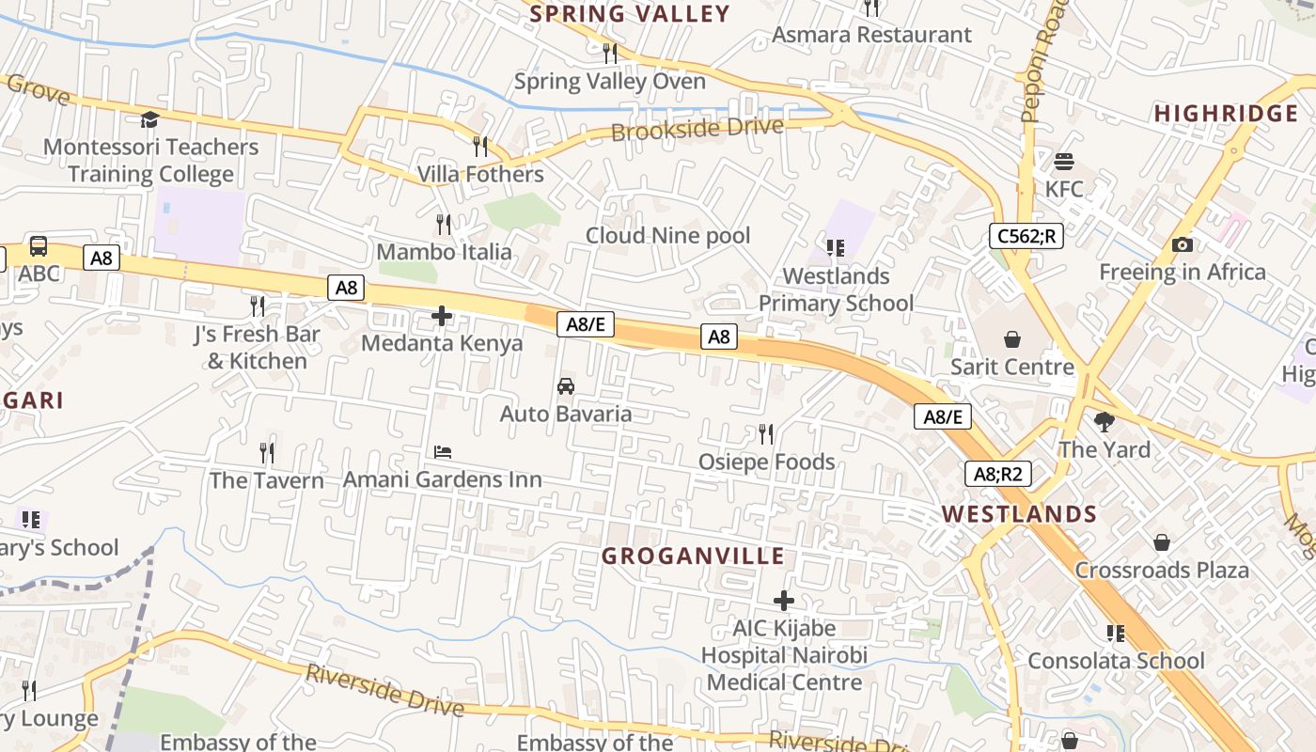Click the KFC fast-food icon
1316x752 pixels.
point(1064,162)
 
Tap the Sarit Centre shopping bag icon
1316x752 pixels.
point(1012,338)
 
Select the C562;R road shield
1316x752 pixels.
point(1026,236)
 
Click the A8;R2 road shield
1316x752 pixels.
point(998,474)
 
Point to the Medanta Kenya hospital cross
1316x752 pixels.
point(442,316)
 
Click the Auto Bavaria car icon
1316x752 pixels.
point(566,386)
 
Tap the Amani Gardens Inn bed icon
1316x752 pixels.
point(443,452)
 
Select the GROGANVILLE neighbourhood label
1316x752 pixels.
point(693,556)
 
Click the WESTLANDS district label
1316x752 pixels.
point(1020,514)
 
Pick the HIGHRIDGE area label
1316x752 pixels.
point(1227,114)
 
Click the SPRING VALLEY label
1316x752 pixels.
point(630,14)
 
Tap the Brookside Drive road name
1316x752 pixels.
point(697,129)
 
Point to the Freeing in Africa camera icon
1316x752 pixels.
point(1183,245)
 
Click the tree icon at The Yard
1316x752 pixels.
point(1104,422)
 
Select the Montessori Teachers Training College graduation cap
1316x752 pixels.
point(149,119)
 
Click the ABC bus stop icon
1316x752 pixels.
point(39,246)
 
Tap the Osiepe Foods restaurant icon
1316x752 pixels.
point(766,433)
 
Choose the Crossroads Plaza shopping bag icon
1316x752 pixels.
point(1162,542)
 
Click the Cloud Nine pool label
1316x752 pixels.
point(668,235)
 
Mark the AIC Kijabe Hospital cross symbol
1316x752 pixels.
point(784,600)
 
